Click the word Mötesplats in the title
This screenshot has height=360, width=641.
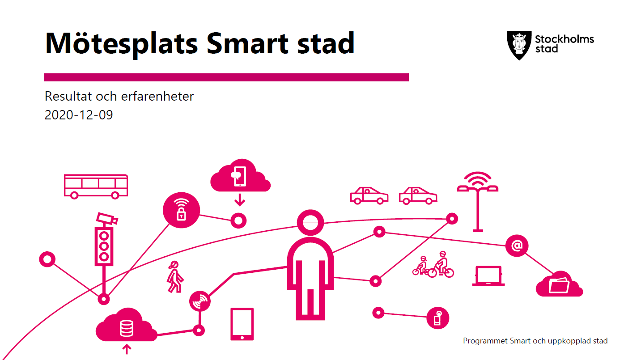pyautogui.click(x=121, y=44)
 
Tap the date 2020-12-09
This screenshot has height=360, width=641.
pyautogui.click(x=79, y=115)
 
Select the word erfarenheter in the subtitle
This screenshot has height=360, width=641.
pyautogui.click(x=157, y=96)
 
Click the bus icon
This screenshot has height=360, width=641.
pyautogui.click(x=96, y=186)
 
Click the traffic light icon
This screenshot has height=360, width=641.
pyautogui.click(x=104, y=246)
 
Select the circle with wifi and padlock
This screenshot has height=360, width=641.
pyautogui.click(x=181, y=210)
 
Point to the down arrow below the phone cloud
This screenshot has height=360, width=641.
pyautogui.click(x=239, y=200)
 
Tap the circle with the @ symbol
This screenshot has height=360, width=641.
pyautogui.click(x=517, y=246)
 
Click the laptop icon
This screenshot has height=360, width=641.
pyautogui.click(x=488, y=276)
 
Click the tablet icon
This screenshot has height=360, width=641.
pyautogui.click(x=242, y=324)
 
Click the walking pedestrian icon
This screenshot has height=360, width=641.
pyautogui.click(x=175, y=277)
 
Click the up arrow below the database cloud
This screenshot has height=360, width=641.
pyautogui.click(x=127, y=349)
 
